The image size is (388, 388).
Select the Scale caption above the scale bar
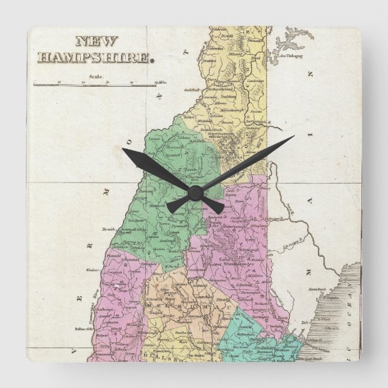click(96, 77)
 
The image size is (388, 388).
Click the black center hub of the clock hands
click(194, 192)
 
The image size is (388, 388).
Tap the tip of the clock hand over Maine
click(293, 137)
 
